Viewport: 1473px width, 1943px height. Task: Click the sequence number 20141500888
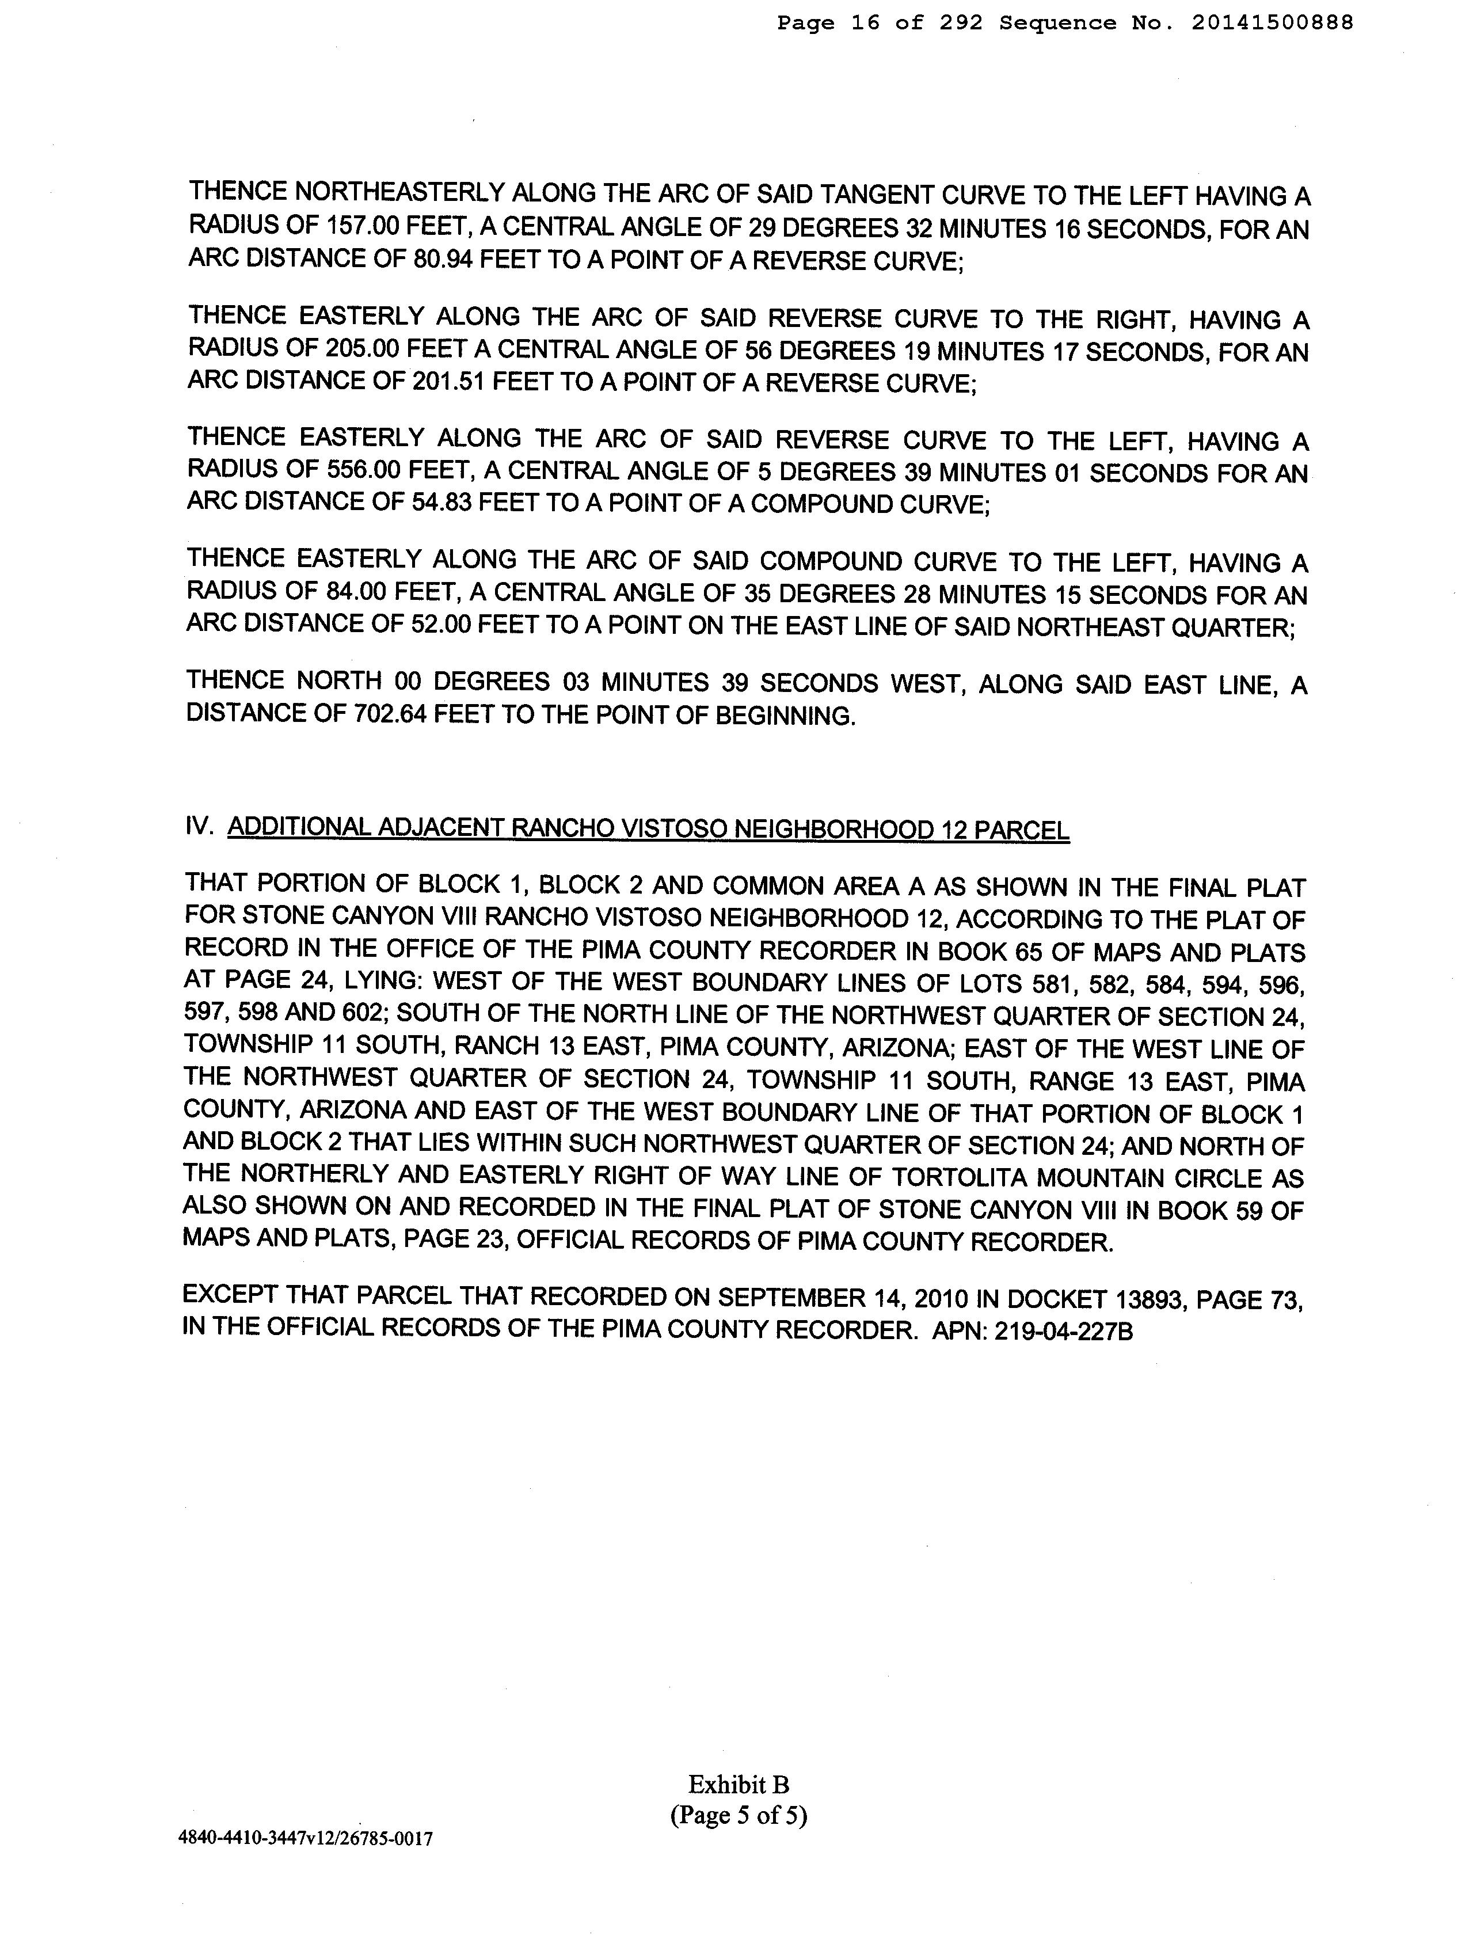point(1272,24)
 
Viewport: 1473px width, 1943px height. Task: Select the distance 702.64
point(390,715)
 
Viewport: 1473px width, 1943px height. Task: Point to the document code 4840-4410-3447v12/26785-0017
point(306,1838)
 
